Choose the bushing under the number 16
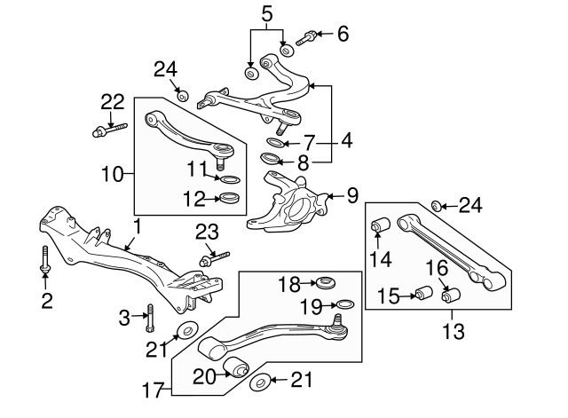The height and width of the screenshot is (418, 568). (452, 293)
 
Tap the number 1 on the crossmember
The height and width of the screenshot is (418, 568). (136, 226)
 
